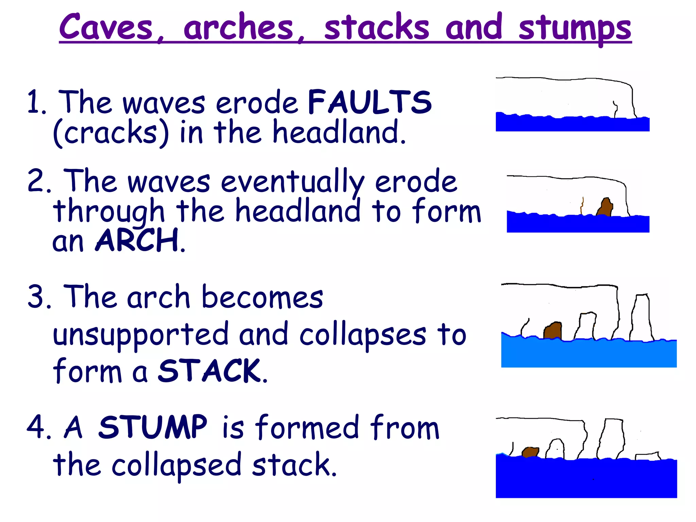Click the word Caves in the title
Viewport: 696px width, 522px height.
pos(106,27)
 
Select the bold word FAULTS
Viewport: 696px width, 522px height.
pos(370,102)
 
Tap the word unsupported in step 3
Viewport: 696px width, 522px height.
pos(141,335)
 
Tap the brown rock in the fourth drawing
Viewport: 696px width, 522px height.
pos(530,452)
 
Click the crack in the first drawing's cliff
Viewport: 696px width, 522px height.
pos(615,109)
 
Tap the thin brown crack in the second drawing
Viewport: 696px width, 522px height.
pos(582,206)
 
